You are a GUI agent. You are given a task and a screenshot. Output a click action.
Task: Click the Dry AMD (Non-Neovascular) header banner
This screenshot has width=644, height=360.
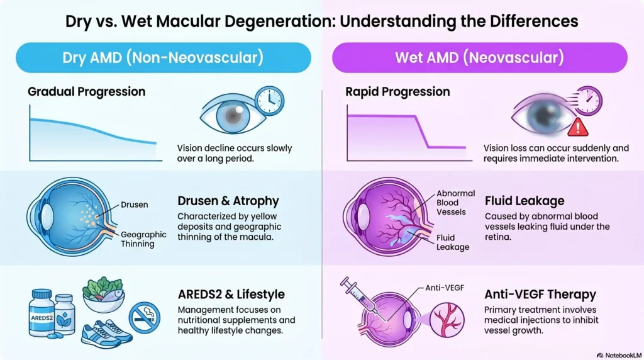[x=162, y=58]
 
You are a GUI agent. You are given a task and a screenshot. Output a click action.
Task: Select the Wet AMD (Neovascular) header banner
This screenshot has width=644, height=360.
[x=479, y=58]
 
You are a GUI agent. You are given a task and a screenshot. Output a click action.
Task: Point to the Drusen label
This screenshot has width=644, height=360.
[x=135, y=205]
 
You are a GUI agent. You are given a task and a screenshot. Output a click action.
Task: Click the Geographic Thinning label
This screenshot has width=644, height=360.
[x=143, y=239]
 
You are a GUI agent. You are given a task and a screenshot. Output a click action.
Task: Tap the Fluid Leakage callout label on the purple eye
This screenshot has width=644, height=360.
[x=453, y=242]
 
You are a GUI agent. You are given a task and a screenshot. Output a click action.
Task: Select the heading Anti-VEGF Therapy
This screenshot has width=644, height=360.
[x=540, y=294]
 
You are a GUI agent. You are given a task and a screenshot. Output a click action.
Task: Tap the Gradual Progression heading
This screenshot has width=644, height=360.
[x=87, y=92]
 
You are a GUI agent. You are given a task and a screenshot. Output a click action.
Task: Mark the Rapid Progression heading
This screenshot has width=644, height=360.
[x=397, y=92]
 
